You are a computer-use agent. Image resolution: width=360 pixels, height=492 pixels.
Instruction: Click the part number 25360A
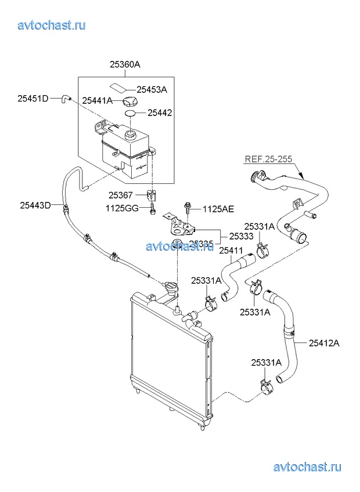click(x=125, y=66)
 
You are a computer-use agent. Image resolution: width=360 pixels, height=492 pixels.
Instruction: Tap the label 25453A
click(x=152, y=89)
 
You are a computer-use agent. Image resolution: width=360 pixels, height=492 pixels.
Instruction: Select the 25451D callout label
click(x=33, y=98)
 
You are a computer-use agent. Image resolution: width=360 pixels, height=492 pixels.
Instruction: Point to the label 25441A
click(x=97, y=101)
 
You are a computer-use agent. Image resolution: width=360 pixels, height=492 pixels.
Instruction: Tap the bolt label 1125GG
click(x=121, y=207)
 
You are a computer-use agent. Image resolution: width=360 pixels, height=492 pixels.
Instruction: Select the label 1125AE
click(x=218, y=208)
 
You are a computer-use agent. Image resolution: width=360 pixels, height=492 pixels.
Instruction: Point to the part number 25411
click(x=231, y=250)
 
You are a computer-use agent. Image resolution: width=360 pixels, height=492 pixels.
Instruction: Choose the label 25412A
click(x=323, y=343)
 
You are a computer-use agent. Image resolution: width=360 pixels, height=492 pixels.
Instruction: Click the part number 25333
click(x=240, y=236)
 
